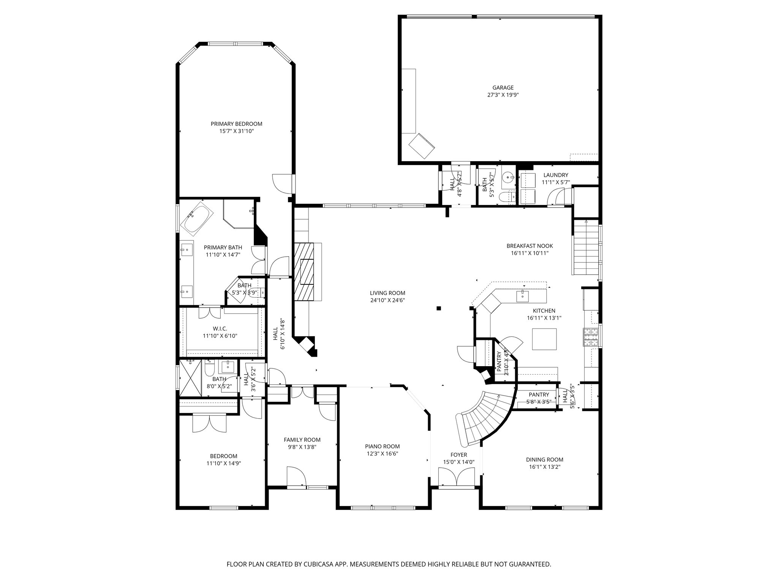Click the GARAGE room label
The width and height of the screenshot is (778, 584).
[x=503, y=88]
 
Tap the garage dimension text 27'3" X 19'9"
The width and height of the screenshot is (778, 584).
[x=503, y=95]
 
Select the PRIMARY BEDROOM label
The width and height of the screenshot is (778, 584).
[x=236, y=124]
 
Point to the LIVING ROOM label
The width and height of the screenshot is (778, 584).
[x=387, y=293]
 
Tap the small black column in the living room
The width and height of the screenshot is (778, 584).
[x=439, y=308]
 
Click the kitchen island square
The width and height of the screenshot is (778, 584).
[x=544, y=339]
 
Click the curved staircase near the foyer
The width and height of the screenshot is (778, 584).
[x=482, y=418]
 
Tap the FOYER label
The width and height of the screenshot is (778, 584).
[x=459, y=455]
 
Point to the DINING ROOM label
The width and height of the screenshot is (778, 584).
[x=544, y=460]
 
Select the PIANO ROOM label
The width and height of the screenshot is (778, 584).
[x=382, y=446]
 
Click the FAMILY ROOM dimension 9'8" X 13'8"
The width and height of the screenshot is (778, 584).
[x=302, y=447]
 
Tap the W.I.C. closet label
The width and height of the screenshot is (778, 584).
[x=220, y=328]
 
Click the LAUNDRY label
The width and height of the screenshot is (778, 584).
[x=555, y=175]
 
